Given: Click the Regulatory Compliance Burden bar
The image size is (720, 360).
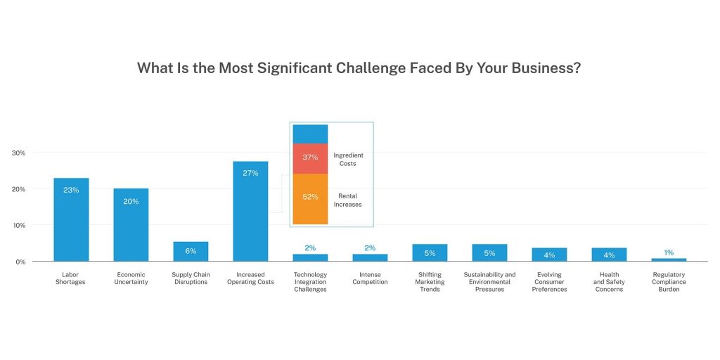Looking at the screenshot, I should (x=669, y=259).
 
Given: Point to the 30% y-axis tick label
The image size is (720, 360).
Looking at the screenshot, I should (x=18, y=153).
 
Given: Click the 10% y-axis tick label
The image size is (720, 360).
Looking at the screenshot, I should (x=18, y=226).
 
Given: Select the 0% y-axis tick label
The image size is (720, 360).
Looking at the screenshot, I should (x=20, y=262).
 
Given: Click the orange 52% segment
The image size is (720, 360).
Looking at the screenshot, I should (x=310, y=198).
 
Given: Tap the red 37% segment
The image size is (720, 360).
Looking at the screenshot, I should (x=310, y=158).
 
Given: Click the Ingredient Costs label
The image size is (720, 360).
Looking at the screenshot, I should (x=348, y=159).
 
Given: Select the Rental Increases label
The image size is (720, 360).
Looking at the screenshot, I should (x=348, y=200).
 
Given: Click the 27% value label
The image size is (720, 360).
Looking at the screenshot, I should (x=250, y=173).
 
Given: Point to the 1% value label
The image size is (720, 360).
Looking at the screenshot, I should (x=669, y=252).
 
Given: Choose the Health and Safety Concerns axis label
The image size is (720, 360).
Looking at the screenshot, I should (x=609, y=282).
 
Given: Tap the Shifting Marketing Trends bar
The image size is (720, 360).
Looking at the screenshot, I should (x=430, y=252).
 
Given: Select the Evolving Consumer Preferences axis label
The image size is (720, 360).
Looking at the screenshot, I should (x=549, y=282).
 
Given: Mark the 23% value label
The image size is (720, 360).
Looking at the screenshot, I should (x=71, y=190).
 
